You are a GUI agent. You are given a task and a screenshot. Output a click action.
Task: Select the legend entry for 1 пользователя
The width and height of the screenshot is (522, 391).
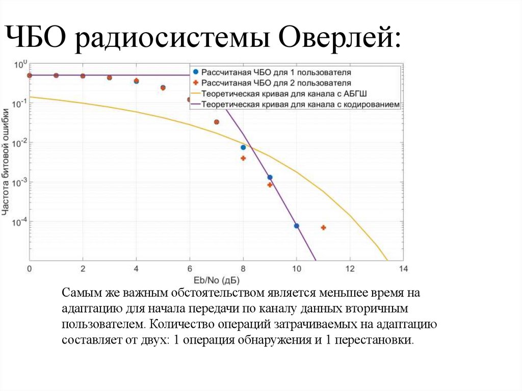tap(276, 72)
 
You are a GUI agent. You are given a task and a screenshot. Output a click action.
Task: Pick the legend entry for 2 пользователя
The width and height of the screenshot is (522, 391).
tap(276, 83)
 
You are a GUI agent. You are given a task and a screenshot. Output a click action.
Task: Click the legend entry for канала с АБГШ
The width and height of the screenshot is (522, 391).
tap(284, 94)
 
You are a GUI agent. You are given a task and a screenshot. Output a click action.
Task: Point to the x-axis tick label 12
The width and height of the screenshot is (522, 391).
tap(349, 269)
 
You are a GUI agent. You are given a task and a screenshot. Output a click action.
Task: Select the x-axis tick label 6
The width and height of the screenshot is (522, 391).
tap(190, 269)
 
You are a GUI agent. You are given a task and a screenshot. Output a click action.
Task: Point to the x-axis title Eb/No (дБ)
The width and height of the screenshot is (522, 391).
tap(216, 280)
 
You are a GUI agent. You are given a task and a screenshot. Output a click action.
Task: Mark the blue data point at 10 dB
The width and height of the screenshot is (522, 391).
tap(296, 225)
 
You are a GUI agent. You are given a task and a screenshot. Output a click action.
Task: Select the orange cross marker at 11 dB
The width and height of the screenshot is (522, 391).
tap(323, 227)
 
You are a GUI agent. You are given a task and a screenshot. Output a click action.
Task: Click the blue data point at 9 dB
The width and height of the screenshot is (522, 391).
tap(270, 177)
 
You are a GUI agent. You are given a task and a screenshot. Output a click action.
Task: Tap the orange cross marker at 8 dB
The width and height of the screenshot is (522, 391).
tap(243, 158)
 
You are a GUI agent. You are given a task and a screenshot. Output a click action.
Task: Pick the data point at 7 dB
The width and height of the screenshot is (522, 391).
tap(216, 122)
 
